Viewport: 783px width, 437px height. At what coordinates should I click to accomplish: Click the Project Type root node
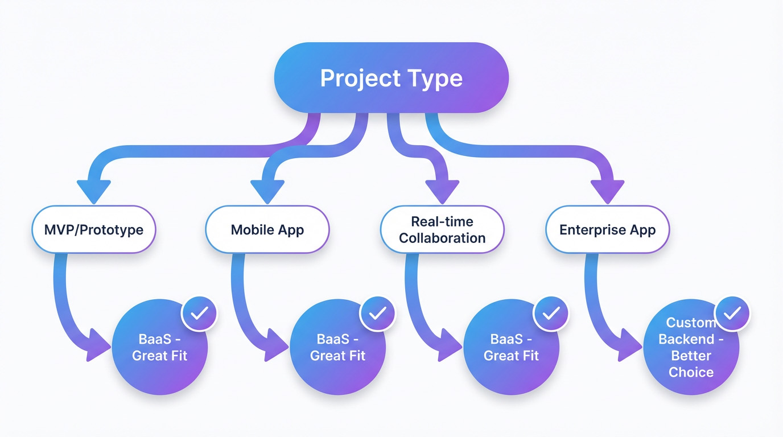pos(391,77)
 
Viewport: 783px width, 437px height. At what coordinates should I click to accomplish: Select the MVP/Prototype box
pos(94,229)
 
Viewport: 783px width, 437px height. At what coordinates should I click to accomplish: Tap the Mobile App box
pos(267,229)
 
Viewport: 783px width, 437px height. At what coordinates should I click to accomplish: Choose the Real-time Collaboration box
pos(442,229)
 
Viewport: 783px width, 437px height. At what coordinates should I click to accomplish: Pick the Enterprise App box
pos(608,229)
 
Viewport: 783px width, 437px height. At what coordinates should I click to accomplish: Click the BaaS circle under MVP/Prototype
pos(160,347)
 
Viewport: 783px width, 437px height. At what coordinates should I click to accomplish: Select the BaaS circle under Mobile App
pos(337,347)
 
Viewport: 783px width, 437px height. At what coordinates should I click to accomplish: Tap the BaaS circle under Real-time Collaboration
pos(511,347)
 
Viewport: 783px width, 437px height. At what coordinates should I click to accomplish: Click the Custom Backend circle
pos(691,347)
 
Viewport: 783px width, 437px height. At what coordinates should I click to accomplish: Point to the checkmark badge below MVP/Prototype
pos(199,314)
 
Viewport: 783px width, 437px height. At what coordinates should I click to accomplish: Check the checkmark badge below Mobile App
pos(377,314)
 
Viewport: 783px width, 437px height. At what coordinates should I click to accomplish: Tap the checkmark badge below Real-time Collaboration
pos(551,314)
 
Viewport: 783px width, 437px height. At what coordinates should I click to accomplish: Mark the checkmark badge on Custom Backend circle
pos(732,314)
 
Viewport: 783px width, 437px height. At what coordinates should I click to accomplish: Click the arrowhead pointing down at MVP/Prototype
pos(94,191)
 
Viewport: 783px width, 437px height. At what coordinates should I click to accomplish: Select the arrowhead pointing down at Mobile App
pos(267,191)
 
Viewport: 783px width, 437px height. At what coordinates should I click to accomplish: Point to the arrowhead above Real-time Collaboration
pos(442,191)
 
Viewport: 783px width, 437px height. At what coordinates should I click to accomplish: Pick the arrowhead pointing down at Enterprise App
pos(608,191)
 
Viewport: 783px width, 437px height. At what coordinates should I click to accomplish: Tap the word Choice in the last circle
pos(691,372)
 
